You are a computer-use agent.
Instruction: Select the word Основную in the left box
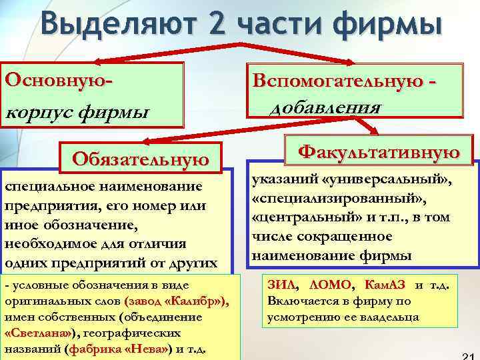coord(55,78)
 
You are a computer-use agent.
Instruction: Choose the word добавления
coord(325,107)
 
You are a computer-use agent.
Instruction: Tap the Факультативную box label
coord(379,151)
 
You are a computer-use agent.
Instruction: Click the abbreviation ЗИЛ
coord(281,285)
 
